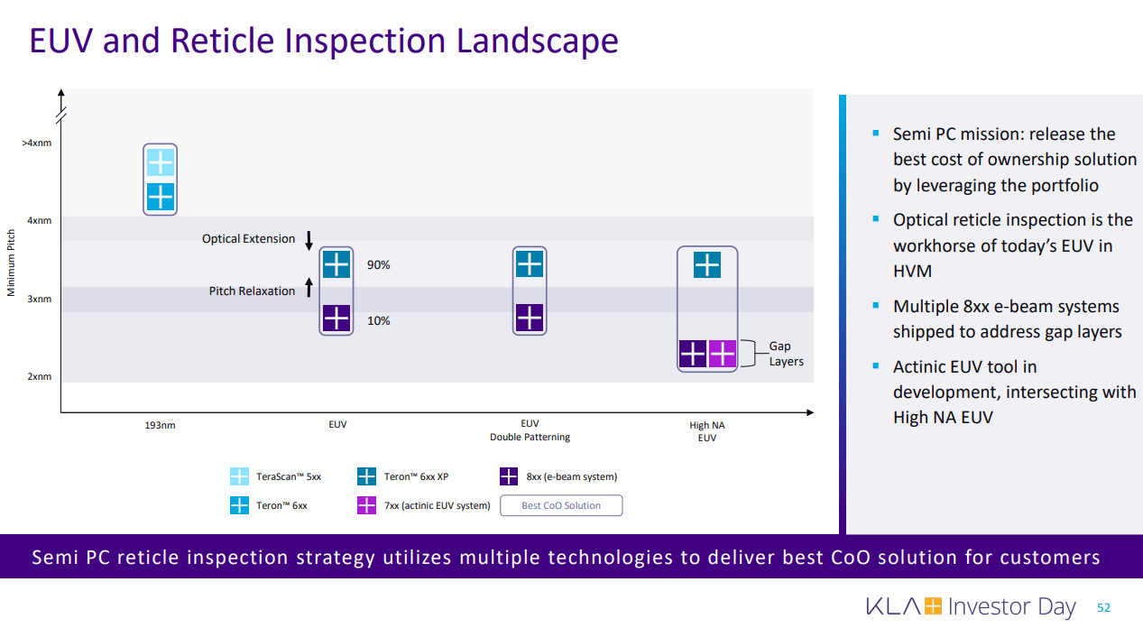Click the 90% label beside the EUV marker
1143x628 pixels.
(378, 265)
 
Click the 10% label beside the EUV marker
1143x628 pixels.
(378, 320)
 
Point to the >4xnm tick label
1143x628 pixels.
(36, 143)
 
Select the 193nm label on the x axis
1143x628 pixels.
(160, 424)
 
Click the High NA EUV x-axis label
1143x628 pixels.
(706, 430)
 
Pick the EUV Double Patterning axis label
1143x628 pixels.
(530, 430)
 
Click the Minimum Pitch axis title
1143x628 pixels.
(12, 261)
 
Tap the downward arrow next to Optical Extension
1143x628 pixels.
(309, 240)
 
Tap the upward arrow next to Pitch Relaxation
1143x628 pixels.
(309, 289)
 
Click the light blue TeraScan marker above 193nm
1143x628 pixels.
(161, 162)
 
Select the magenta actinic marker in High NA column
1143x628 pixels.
(723, 354)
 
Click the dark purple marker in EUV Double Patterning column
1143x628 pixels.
(530, 319)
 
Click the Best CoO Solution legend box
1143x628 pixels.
(560, 505)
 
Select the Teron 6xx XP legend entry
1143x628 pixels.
(415, 476)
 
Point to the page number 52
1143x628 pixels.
(1103, 608)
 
